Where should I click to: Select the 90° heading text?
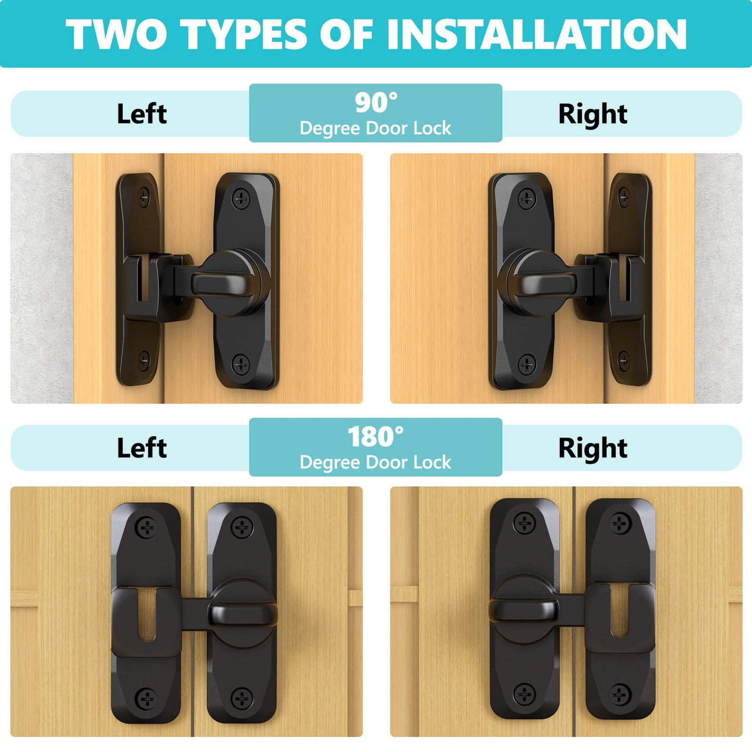pos(376,102)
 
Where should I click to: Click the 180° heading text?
pos(375,437)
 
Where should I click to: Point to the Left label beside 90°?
pos(142,114)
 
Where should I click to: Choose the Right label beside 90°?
pos(593,114)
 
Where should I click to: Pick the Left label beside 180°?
pos(142,448)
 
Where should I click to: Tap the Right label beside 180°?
pos(593,448)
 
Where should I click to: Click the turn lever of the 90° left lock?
pos(220,284)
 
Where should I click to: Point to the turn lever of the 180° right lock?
pos(523,612)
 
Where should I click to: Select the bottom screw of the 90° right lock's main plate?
pos(526,364)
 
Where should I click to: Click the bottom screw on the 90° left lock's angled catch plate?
pos(144,359)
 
